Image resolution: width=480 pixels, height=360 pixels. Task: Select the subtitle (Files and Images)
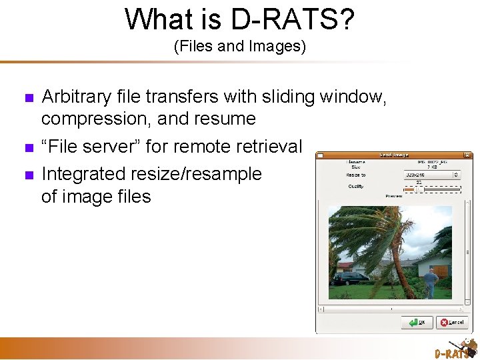coord(239,47)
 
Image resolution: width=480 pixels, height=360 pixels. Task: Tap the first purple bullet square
coord(27,98)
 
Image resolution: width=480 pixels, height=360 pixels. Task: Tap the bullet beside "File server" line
coord(27,147)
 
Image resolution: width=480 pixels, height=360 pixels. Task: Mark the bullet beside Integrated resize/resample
coord(27,175)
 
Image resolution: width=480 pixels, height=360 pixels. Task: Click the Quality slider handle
coord(419,189)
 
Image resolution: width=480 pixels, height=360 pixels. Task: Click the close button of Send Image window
coord(467,155)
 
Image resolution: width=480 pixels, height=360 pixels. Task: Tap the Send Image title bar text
coord(395,155)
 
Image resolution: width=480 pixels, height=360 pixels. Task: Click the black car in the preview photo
coord(349,278)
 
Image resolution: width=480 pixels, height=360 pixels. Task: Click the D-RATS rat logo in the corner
coord(455,348)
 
